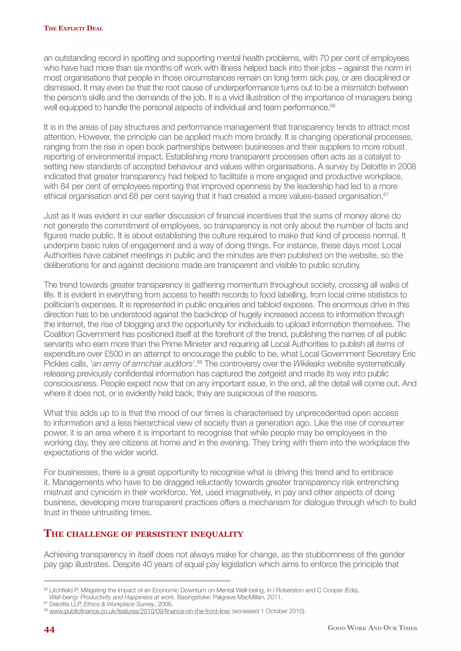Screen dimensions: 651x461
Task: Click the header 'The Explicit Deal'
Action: point(73,28)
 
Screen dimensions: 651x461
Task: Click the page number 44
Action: point(49,630)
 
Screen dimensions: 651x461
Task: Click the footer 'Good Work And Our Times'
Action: point(372,628)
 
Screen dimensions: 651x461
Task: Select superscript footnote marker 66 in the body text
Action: point(333,106)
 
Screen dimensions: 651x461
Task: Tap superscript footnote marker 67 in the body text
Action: point(386,194)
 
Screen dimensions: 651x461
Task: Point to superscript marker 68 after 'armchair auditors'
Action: point(200,362)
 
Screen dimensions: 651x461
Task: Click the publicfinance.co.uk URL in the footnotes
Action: point(140,611)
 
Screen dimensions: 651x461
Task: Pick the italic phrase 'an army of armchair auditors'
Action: point(142,364)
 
